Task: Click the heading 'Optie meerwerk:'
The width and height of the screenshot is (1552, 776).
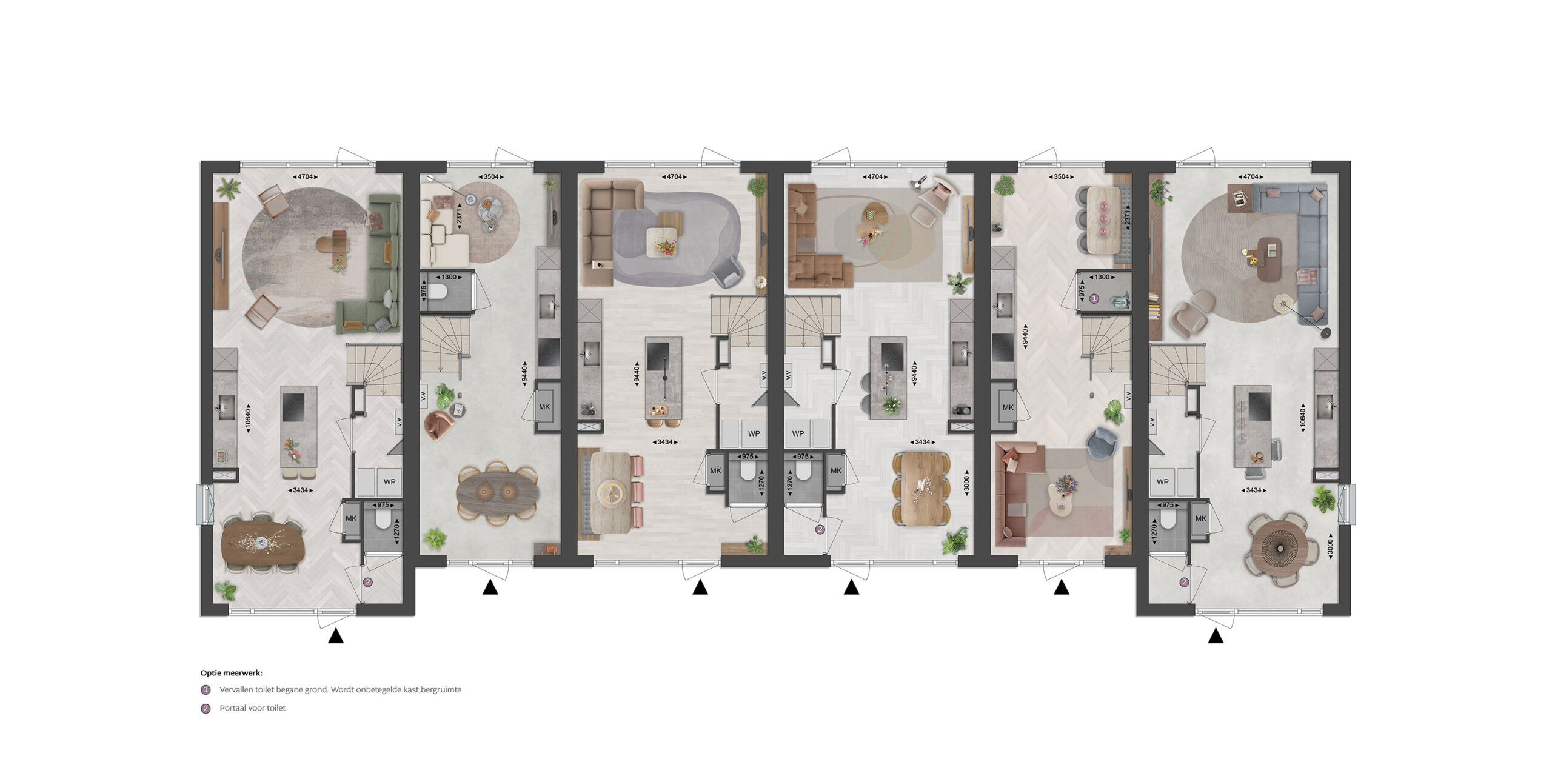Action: [x=232, y=673]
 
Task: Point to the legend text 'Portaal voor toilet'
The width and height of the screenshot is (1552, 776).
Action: [x=252, y=708]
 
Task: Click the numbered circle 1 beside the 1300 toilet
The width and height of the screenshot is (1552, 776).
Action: [x=1094, y=298]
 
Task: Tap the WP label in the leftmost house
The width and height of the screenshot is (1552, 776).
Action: [x=389, y=482]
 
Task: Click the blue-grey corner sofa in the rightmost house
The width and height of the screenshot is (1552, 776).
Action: [x=1303, y=242]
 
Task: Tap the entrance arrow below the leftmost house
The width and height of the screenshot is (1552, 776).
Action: [x=336, y=636]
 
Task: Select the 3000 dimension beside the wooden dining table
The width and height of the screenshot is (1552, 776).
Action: [x=967, y=484]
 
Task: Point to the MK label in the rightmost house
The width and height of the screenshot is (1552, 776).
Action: [x=1200, y=518]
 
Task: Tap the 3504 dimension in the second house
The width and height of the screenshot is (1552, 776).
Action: [x=490, y=177]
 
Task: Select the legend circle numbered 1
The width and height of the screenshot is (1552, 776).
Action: [x=206, y=690]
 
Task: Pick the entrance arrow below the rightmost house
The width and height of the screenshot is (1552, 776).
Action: [x=1216, y=636]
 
